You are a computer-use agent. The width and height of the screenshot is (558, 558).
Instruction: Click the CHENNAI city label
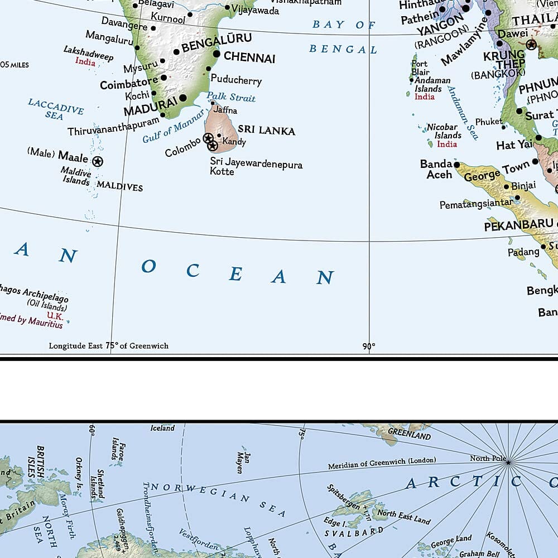pyautogui.click(x=249, y=57)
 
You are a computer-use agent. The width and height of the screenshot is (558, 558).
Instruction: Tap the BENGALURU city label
pyautogui.click(x=217, y=42)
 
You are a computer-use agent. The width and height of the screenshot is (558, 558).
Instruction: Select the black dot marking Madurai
pyautogui.click(x=182, y=98)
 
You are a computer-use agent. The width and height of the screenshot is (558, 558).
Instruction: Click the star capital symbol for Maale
pyautogui.click(x=98, y=162)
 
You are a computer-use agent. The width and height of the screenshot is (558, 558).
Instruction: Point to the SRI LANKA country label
pyautogui.click(x=266, y=131)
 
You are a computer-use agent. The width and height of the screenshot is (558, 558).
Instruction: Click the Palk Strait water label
pyautogui.click(x=231, y=97)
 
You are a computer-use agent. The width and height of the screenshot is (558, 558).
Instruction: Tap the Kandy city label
pyautogui.click(x=234, y=142)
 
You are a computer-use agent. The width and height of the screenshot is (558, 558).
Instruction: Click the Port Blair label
pyautogui.click(x=420, y=68)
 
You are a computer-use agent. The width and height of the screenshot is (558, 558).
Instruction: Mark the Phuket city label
pyautogui.click(x=489, y=122)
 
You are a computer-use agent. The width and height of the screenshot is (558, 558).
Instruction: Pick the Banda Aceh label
pyautogui.click(x=436, y=169)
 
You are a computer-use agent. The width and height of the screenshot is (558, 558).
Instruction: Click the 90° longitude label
pyautogui.click(x=368, y=347)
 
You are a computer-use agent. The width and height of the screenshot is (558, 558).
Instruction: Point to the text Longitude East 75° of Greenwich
pyautogui.click(x=108, y=346)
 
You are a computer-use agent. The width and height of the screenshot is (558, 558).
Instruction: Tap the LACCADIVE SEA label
pyautogui.click(x=55, y=109)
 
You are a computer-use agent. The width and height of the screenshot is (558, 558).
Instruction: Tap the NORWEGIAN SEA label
pyautogui.click(x=218, y=499)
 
